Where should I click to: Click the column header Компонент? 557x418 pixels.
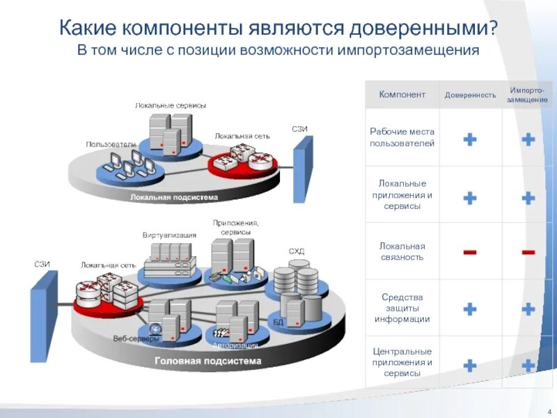pos(402,95)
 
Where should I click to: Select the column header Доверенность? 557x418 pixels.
pos(471,95)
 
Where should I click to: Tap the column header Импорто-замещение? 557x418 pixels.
pos(527,95)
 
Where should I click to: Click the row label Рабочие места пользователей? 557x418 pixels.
pos(402,137)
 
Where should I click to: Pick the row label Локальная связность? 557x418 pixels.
pos(402,251)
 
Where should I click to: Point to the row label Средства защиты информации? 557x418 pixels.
pos(402,308)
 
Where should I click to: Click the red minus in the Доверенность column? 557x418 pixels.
pos(470,251)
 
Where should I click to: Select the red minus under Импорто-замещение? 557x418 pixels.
pos(528,251)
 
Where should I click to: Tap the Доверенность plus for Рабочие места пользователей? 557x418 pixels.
pos(470,139)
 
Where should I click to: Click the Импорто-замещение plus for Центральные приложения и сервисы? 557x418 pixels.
pos(528,364)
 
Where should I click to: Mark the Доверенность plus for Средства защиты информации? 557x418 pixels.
pos(470,309)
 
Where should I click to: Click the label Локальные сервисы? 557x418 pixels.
pos(171,105)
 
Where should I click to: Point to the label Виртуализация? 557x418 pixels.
pos(170,235)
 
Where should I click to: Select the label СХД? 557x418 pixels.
pos(297,251)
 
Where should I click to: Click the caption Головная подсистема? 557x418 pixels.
pos(207,362)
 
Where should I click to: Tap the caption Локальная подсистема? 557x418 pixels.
pos(174,197)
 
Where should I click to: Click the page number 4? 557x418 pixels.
pos(549,408)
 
